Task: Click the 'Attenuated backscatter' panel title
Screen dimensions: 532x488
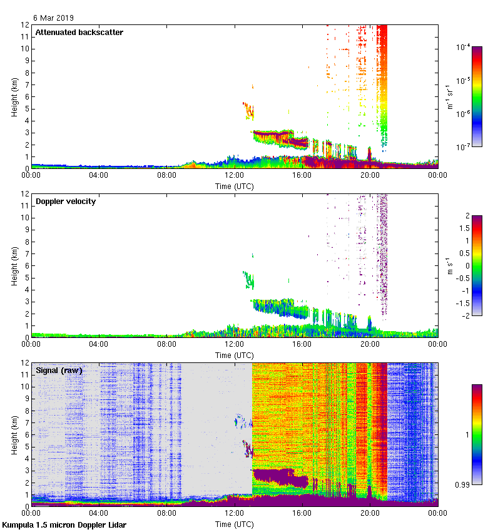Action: (x=79, y=32)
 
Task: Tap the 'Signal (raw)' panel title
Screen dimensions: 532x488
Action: (x=59, y=371)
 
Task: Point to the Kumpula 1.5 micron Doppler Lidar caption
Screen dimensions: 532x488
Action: (x=64, y=524)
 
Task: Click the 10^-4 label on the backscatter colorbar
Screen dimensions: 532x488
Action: (x=464, y=48)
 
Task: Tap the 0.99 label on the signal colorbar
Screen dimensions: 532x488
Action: (x=463, y=484)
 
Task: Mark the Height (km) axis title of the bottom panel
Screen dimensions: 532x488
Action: (x=14, y=434)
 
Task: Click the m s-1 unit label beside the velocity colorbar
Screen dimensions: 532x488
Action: (x=449, y=265)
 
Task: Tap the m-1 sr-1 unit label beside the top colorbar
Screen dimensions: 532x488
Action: (x=449, y=96)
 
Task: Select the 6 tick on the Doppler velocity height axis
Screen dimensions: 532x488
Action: (x=26, y=265)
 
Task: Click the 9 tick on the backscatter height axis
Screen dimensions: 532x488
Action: (x=26, y=61)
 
